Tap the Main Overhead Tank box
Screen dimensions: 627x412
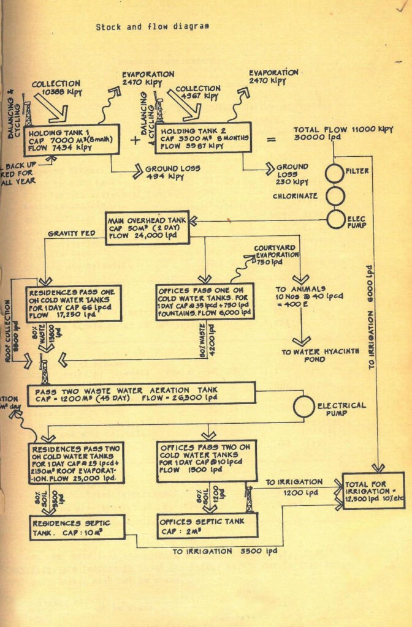tap(148, 228)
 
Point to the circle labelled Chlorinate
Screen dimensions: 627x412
tap(334, 197)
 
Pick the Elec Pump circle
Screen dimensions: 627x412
tap(334, 219)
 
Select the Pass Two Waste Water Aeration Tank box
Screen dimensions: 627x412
tap(141, 393)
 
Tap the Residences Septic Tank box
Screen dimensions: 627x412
tap(77, 527)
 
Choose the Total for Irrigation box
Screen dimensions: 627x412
tap(374, 490)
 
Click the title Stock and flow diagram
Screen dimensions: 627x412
tap(152, 27)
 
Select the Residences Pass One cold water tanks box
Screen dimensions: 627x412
tap(74, 302)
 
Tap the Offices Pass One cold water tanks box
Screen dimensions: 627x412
tap(205, 301)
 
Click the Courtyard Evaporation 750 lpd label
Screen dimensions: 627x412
tap(275, 255)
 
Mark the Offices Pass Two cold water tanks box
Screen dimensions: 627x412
tap(207, 460)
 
